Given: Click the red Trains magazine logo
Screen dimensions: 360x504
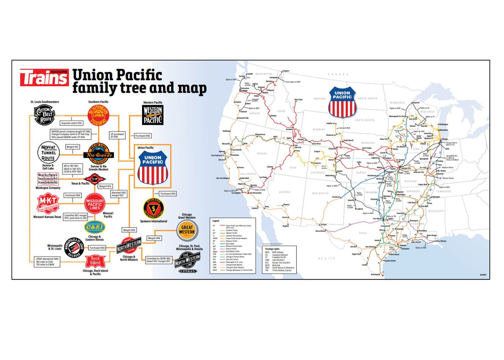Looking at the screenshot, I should [44, 77].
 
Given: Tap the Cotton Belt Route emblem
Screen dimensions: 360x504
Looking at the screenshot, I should [44, 115].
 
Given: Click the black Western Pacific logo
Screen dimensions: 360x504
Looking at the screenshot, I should [153, 115].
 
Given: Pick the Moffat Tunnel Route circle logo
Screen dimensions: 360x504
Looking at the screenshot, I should [50, 152].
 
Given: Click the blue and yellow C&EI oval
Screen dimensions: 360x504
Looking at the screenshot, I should [95, 227].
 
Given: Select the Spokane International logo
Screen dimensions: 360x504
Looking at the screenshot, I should [153, 208].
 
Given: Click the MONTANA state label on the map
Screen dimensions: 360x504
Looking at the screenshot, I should [320, 98].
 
